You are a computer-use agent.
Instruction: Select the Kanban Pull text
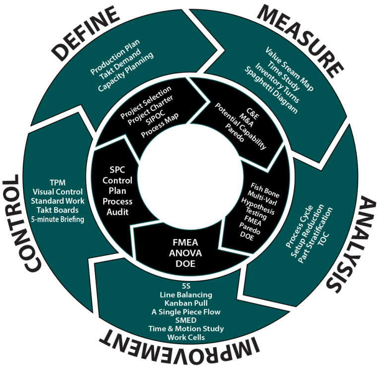pyautogui.click(x=186, y=303)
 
